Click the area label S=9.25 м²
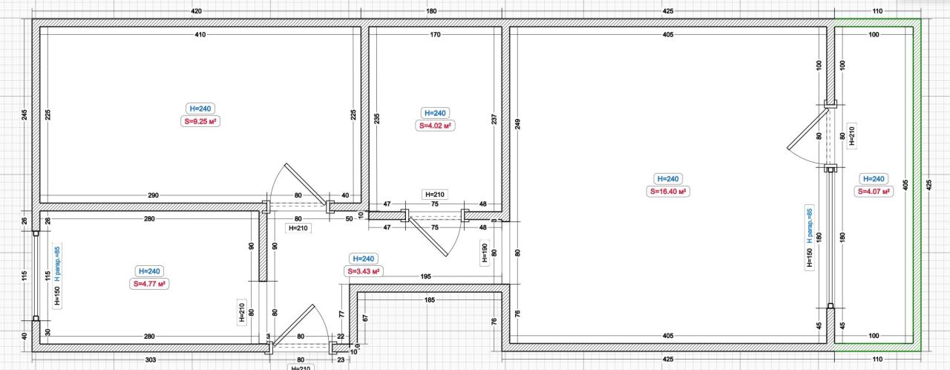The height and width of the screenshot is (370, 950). pos(200,121)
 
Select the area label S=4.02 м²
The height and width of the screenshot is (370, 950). pos(435,126)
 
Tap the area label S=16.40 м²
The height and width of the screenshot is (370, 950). pos(668,192)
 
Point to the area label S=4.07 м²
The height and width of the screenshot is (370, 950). pos(874,192)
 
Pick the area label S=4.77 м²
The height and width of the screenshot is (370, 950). pos(149,284)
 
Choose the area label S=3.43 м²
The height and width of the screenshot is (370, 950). pos(364,271)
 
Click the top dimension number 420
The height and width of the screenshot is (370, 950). pos(197,11)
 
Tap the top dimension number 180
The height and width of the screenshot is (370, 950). pos(431,11)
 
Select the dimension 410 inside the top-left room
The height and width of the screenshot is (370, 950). pos(200,34)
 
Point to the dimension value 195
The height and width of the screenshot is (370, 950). pos(426,276)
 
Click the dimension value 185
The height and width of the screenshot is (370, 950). pos(430,300)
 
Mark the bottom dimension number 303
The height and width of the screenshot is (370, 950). pos(151,360)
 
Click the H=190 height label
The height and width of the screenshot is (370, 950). pos(485,253)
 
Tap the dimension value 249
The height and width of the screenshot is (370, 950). pos(517,124)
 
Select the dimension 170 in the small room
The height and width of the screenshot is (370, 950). pos(436,34)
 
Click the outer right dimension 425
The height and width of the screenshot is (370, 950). pos(928,185)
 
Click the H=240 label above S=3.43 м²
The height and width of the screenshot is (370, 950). pos(364,259)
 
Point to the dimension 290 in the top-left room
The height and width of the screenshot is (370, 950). pos(153,195)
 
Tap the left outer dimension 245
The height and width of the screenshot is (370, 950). pos(24,114)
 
